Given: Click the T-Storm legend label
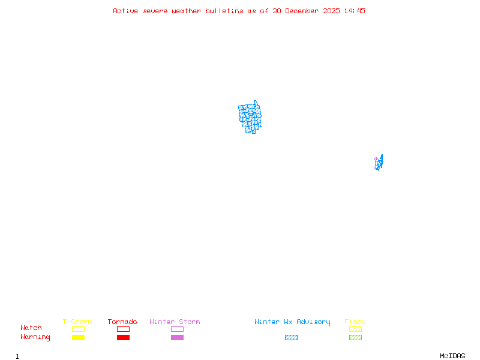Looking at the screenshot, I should pos(77,322).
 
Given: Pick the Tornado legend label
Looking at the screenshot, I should pos(122,322).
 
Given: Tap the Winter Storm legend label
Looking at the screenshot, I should pos(175,322).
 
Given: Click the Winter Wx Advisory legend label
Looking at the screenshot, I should pos(292,322).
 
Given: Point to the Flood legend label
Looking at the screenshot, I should pos(355,322).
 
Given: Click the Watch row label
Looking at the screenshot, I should pos(31,328).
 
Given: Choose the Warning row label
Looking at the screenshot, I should pos(35,337).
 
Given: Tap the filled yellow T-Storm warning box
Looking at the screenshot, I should pos(78,338).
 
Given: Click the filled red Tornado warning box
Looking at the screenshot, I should pos(123,338).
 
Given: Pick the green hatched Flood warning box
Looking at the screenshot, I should pos(355,338).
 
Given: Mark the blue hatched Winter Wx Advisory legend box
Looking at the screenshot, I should pos(291,338).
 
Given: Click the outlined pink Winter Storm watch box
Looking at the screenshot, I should pos(177,329).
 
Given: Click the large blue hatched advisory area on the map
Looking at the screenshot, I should pos(250,117).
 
